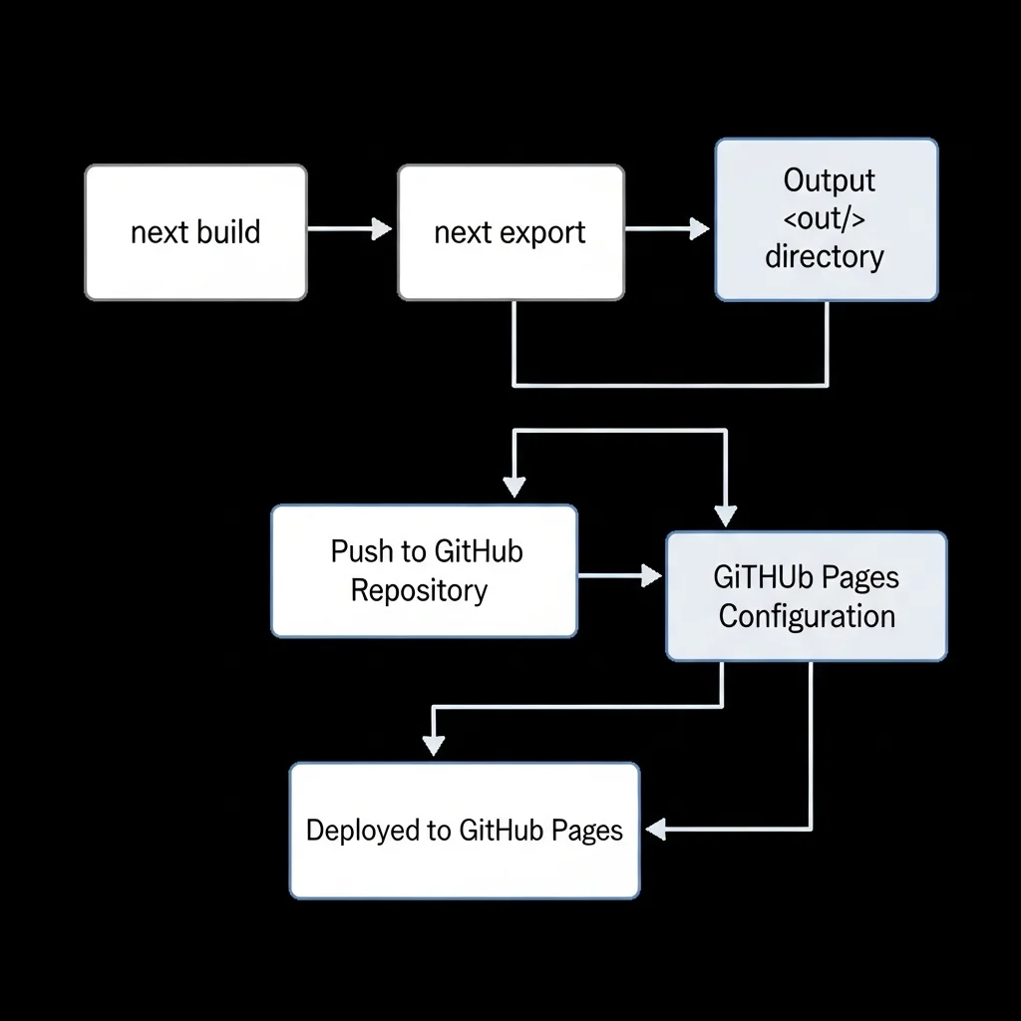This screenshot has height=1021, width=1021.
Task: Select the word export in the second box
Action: pyautogui.click(x=542, y=233)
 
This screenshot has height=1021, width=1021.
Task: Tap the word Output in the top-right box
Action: pyautogui.click(x=829, y=180)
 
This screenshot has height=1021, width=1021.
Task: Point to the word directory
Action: pyautogui.click(x=825, y=256)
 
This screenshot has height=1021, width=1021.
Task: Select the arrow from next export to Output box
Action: pyautogui.click(x=667, y=229)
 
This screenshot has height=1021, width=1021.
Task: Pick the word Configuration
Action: pyautogui.click(x=807, y=615)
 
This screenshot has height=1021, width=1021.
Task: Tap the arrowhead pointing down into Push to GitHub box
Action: pyautogui.click(x=513, y=486)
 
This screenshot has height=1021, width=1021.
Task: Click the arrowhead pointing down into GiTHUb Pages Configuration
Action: pyautogui.click(x=725, y=515)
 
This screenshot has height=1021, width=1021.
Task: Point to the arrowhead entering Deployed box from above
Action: pyautogui.click(x=433, y=745)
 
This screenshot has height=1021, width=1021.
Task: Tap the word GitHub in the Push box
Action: pyautogui.click(x=480, y=551)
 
